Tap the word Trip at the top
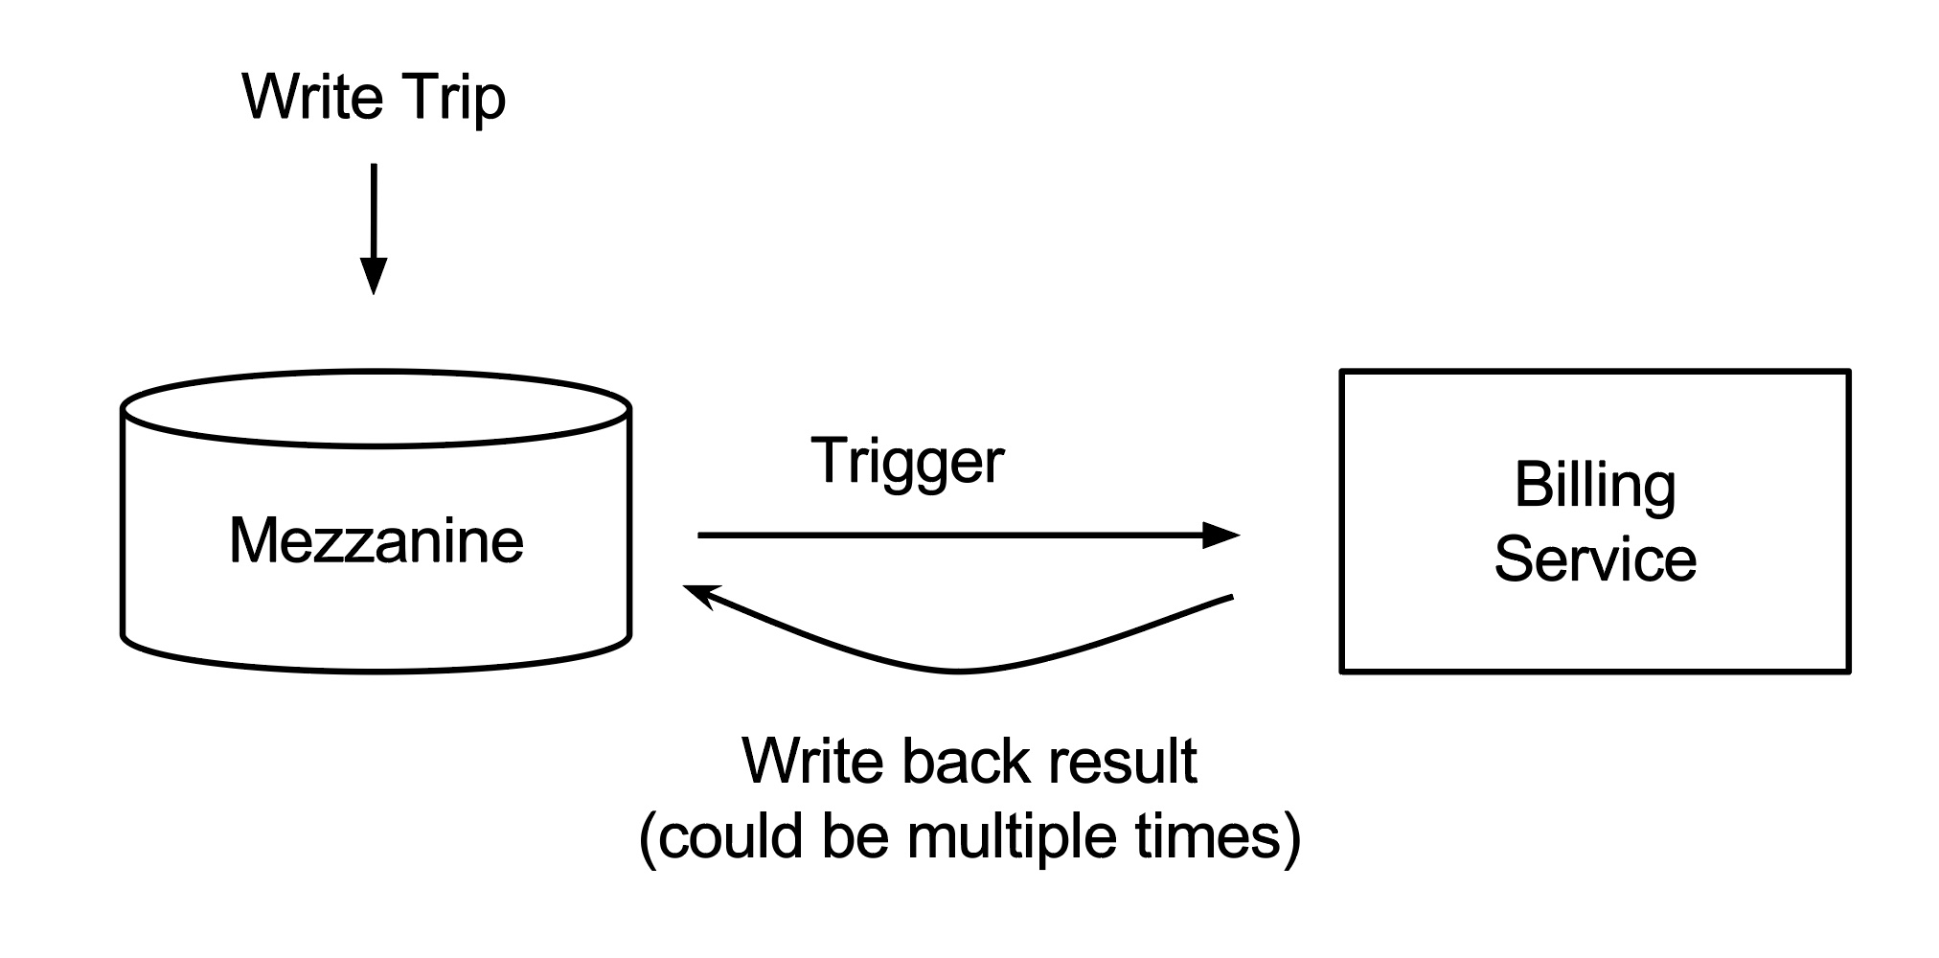pyautogui.click(x=454, y=100)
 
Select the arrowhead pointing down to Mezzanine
pyautogui.click(x=373, y=276)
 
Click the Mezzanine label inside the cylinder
pyautogui.click(x=376, y=540)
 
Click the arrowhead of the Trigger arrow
pyautogui.click(x=1221, y=535)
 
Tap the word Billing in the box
pyautogui.click(x=1595, y=487)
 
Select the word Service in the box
pyautogui.click(x=1595, y=559)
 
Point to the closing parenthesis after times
pyautogui.click(x=1291, y=838)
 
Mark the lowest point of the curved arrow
pyautogui.click(x=958, y=672)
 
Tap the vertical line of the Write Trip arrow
pyautogui.click(x=373, y=211)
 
